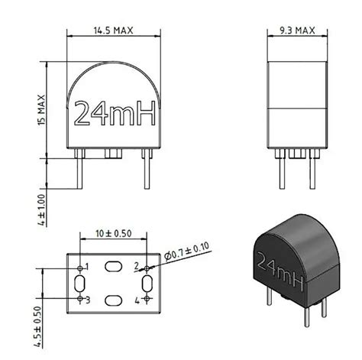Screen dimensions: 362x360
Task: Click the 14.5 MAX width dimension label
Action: pyautogui.click(x=114, y=31)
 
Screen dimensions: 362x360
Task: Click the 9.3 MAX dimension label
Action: pyautogui.click(x=297, y=31)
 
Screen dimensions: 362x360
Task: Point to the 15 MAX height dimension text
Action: pyautogui.click(x=41, y=110)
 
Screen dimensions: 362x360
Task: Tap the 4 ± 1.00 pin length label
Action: pyautogui.click(x=41, y=210)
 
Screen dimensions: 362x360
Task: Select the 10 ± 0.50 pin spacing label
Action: pyautogui.click(x=114, y=233)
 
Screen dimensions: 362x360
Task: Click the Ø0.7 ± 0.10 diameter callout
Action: pyautogui.click(x=187, y=251)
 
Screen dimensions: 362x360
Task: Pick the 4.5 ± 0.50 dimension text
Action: pyautogui.click(x=37, y=326)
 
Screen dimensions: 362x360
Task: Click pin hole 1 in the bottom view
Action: pyautogui.click(x=80, y=268)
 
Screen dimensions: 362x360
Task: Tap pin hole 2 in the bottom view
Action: pyautogui.click(x=147, y=268)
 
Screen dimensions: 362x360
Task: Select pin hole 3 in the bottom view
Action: pyautogui.click(x=80, y=298)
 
